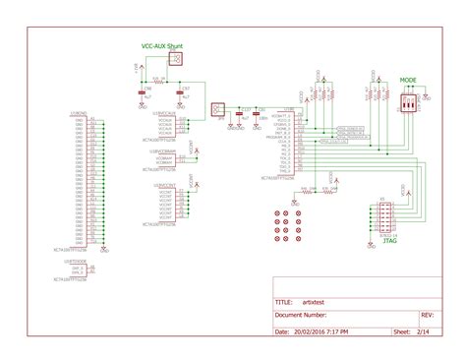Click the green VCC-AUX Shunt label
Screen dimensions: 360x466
(161, 45)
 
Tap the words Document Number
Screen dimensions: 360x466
(301, 316)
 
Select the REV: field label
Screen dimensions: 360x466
(427, 316)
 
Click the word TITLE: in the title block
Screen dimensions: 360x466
(283, 302)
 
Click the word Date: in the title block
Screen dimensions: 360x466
(281, 331)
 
